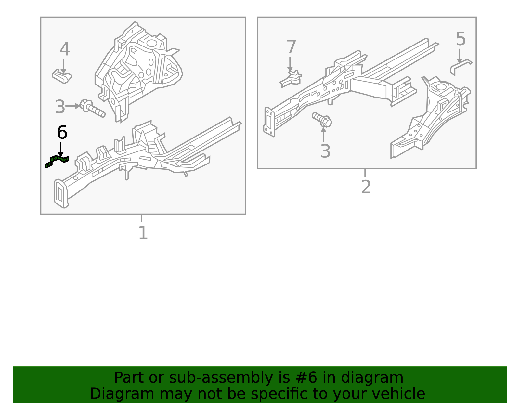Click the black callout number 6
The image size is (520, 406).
pos(62,133)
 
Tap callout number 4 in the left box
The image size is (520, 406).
pos(65,49)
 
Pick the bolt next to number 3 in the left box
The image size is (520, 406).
pos(92,109)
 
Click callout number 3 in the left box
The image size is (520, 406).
pos(60,107)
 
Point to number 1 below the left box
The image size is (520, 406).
pos(143,233)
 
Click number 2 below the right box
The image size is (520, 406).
pos(366,187)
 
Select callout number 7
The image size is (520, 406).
pos(291,47)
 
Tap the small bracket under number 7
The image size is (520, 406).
pos(291,79)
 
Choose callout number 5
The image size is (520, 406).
pos(461,39)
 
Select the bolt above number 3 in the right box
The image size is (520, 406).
pos(322,120)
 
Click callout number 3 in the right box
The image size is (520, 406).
pos(325,151)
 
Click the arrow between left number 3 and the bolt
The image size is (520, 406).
pos(72,106)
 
